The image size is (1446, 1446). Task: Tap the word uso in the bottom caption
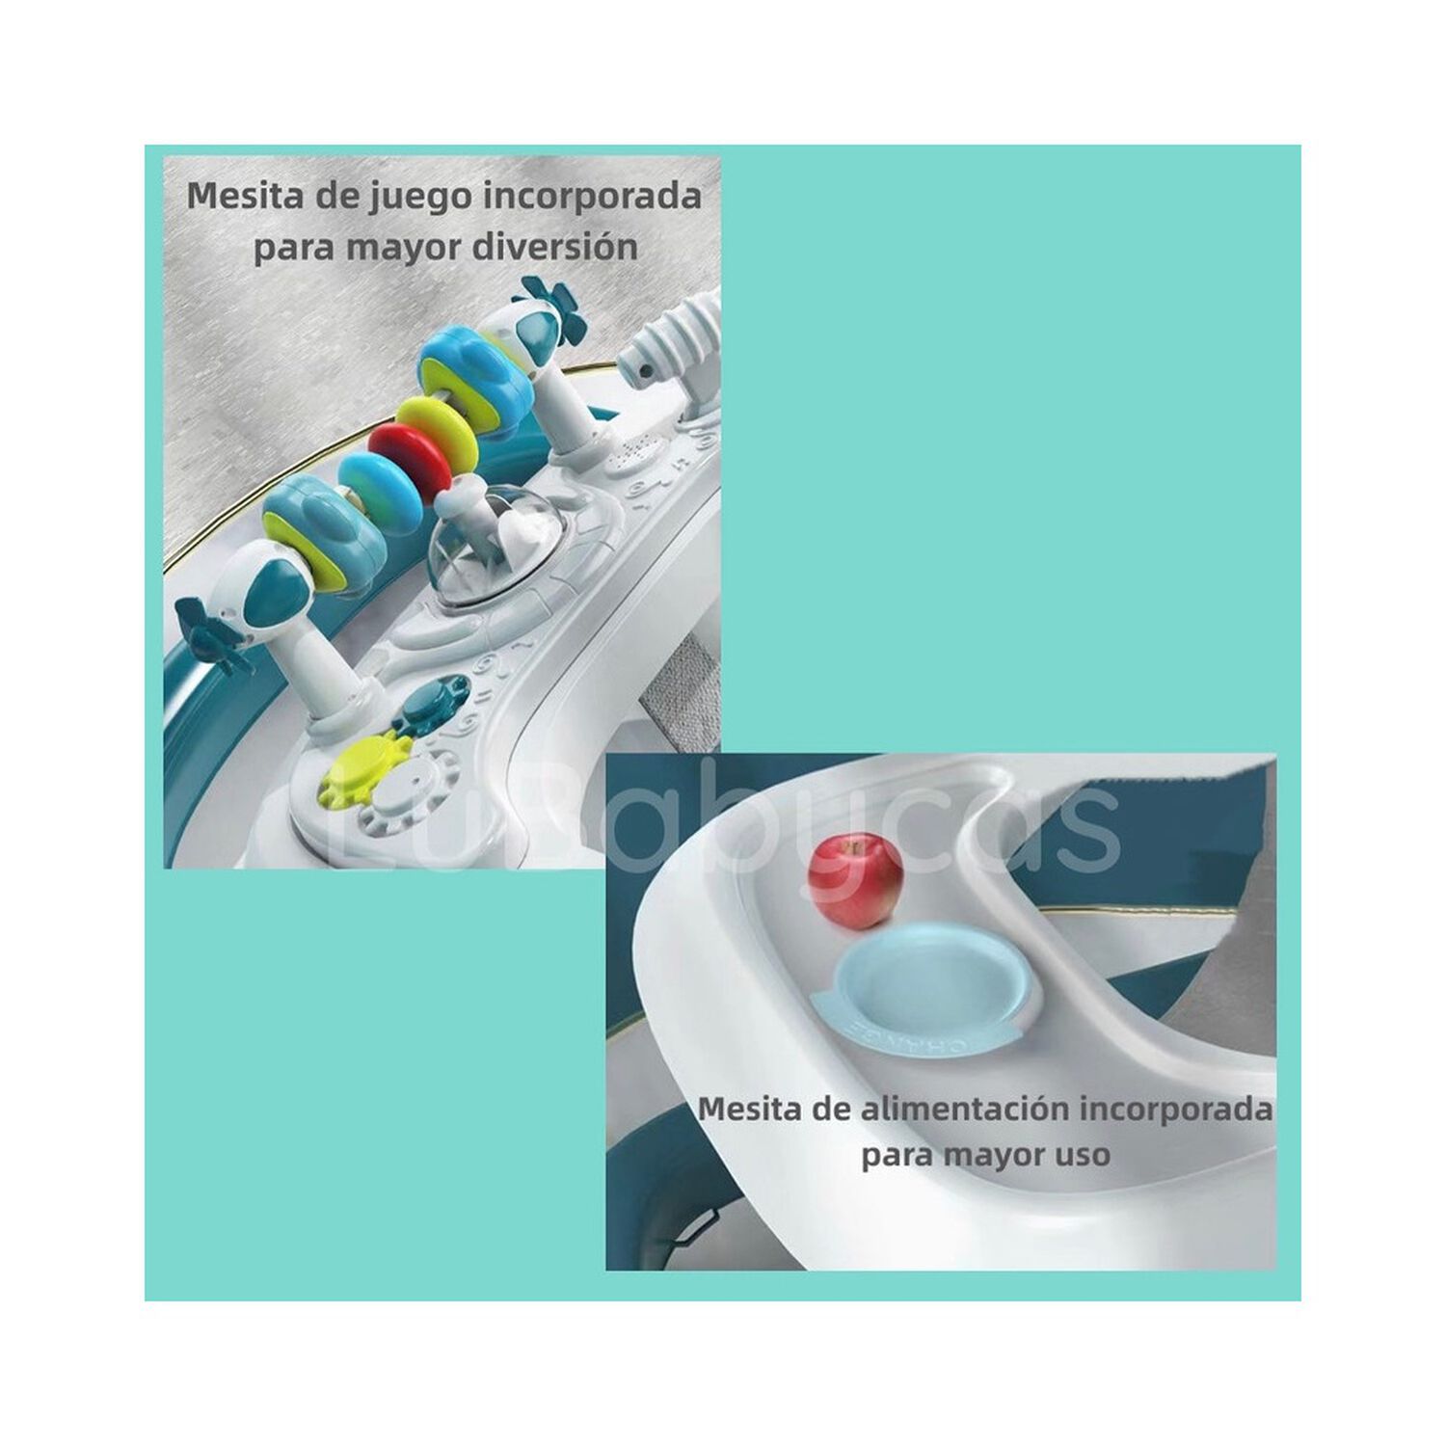pos(1083,1155)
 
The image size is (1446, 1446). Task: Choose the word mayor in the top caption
pos(408,250)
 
